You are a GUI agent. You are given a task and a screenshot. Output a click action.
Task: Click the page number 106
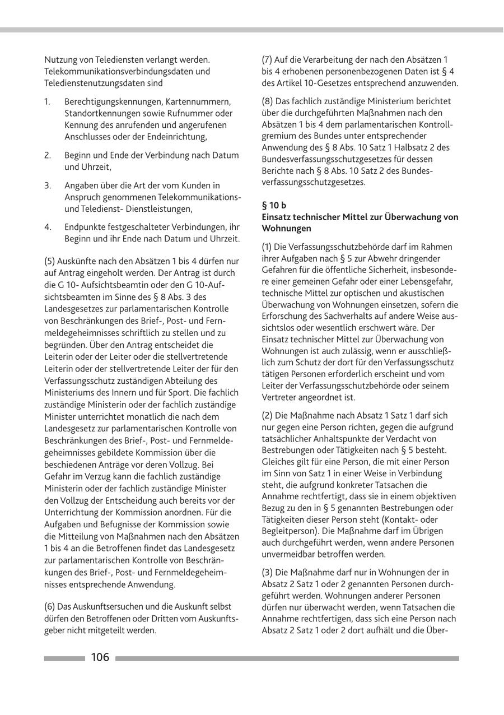tap(100, 657)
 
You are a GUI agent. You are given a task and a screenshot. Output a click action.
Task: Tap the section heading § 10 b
tap(274, 206)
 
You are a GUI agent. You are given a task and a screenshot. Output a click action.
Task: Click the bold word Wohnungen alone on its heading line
tap(286, 229)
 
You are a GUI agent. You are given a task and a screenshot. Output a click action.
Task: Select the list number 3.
tap(48, 185)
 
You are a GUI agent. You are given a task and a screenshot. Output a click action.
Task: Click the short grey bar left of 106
tap(64, 658)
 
